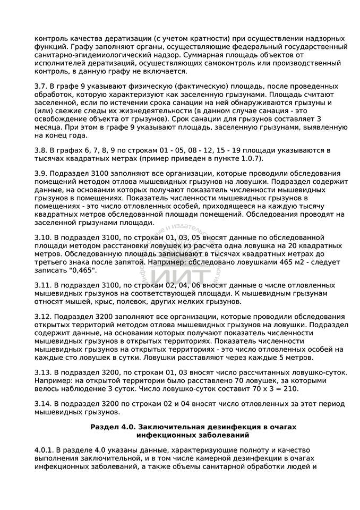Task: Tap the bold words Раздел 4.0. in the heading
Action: tap(114, 427)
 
